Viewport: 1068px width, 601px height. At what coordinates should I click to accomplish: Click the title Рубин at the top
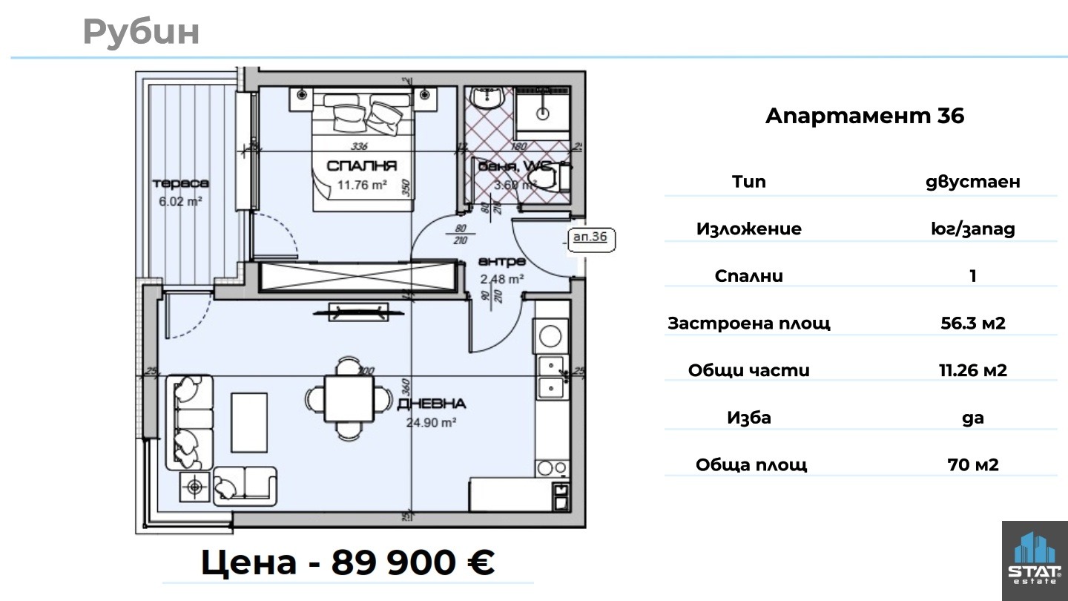(141, 32)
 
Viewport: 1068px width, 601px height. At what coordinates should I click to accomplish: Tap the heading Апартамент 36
(864, 116)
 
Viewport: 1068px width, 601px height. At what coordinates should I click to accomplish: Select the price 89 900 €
(412, 562)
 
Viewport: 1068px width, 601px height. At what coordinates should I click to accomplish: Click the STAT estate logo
(1035, 560)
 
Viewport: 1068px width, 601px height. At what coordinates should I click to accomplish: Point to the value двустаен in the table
(972, 182)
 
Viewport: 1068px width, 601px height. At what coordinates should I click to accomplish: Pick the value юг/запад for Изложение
(972, 229)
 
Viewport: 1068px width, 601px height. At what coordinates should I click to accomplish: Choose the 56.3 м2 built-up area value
(972, 324)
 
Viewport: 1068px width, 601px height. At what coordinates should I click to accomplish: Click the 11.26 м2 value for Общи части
(972, 370)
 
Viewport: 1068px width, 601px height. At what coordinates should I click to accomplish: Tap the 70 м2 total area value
(972, 465)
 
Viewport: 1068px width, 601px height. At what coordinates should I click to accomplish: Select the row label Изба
(749, 418)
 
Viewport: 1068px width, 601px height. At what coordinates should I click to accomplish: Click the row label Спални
(749, 276)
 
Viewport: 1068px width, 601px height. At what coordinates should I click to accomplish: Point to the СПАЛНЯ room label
(362, 166)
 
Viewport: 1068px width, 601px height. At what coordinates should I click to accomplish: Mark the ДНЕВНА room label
(432, 404)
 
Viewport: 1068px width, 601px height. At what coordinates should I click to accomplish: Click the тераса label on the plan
(180, 183)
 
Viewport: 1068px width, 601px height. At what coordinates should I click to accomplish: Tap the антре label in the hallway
(501, 262)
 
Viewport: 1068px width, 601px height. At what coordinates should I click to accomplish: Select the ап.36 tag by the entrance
(591, 237)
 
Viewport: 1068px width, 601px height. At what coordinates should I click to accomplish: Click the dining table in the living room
(349, 398)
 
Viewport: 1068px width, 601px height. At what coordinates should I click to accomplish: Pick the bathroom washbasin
(487, 99)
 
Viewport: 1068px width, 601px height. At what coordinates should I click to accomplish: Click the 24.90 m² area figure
(430, 422)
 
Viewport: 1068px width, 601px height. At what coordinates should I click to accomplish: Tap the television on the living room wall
(350, 312)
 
